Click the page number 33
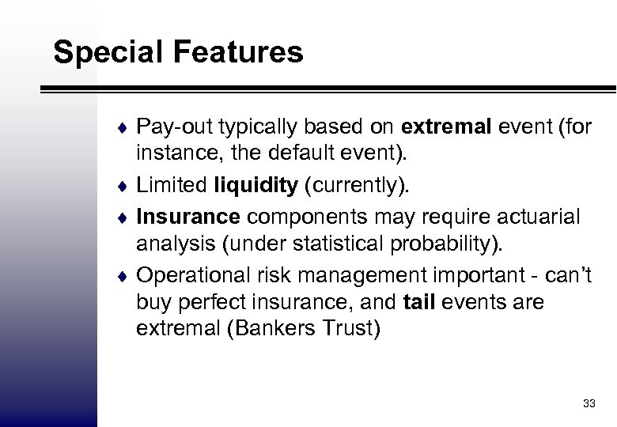pyautogui.click(x=587, y=403)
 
